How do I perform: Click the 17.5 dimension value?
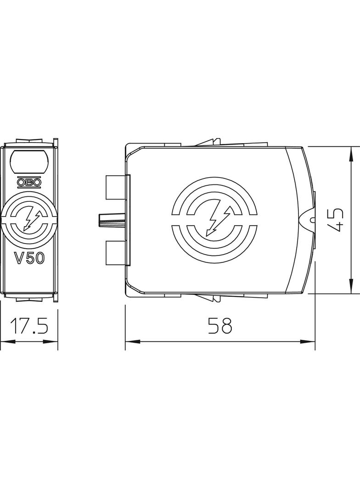[x=29, y=326]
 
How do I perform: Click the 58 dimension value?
[x=220, y=326]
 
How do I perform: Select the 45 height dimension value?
[x=336, y=220]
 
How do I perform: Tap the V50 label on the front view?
[x=30, y=258]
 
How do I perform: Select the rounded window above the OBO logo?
[x=29, y=161]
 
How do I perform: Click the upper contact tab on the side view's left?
[x=116, y=188]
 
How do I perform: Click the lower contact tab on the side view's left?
[x=116, y=253]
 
